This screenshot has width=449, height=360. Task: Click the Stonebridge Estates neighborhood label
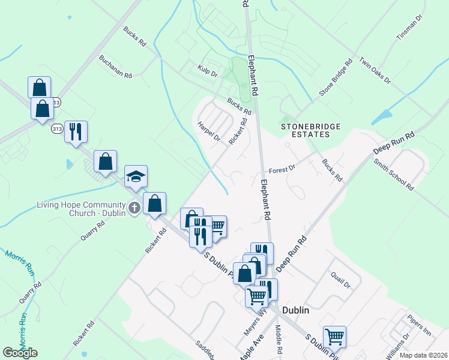click(311, 130)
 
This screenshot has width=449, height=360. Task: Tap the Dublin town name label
click(295, 310)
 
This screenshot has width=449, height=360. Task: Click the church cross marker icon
click(135, 209)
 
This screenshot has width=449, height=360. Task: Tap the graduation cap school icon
click(136, 176)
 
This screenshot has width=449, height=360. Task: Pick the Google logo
click(20, 353)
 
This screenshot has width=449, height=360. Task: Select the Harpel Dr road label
click(209, 132)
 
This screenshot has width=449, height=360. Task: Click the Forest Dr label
click(282, 170)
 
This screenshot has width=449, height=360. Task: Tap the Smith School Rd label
click(393, 175)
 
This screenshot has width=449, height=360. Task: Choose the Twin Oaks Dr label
click(375, 71)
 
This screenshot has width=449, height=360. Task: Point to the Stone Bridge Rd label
click(336, 77)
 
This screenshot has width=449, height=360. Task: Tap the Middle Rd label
click(279, 340)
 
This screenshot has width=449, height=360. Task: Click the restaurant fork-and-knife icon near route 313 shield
click(76, 131)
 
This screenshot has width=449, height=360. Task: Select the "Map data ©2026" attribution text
click(424, 355)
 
